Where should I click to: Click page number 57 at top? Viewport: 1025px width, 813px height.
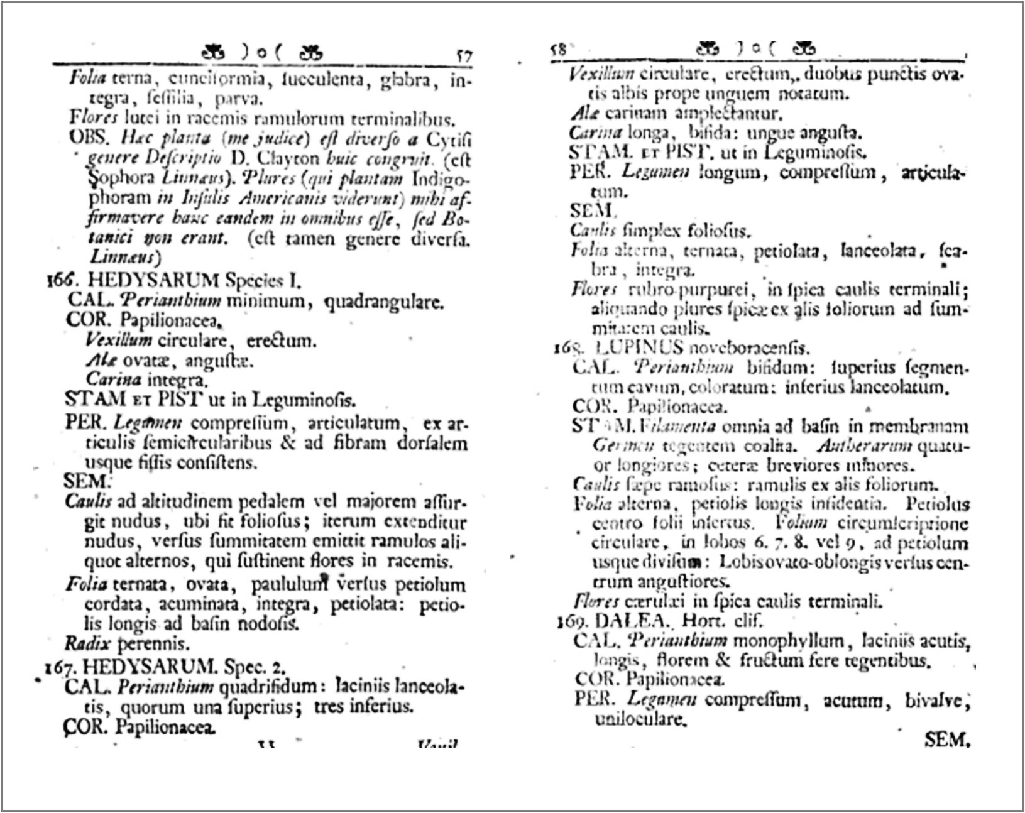click(x=464, y=55)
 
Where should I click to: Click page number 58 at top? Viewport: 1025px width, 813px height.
click(x=558, y=50)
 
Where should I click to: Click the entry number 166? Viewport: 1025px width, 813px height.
click(x=62, y=280)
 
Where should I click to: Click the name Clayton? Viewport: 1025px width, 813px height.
click(x=283, y=158)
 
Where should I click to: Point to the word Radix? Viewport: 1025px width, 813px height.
click(x=87, y=643)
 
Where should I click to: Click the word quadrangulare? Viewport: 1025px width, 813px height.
click(x=383, y=302)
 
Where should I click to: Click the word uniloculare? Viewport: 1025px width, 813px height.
click(x=640, y=719)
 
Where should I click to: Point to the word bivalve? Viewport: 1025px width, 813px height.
click(x=937, y=700)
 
